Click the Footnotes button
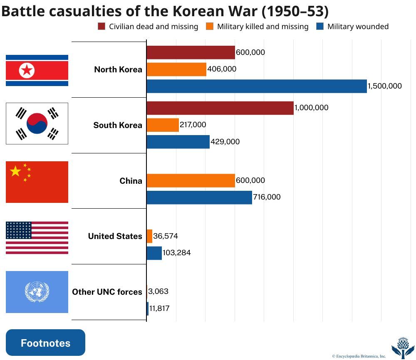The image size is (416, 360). pyautogui.click(x=45, y=343)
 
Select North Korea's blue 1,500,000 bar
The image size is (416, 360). pyautogui.click(x=256, y=86)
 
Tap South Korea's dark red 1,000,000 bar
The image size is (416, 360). pyautogui.click(x=220, y=108)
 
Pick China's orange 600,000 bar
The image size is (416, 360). pyautogui.click(x=191, y=180)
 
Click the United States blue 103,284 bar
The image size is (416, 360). pyautogui.click(x=154, y=253)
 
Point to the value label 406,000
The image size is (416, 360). pyautogui.click(x=222, y=69)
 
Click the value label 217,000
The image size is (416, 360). pyautogui.click(x=193, y=125)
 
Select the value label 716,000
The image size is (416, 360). pyautogui.click(x=267, y=197)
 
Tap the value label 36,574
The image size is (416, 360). pyautogui.click(x=166, y=236)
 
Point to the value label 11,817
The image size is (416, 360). pyautogui.click(x=160, y=308)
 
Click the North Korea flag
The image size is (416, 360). pyautogui.click(x=37, y=70)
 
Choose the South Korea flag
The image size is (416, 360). pyautogui.click(x=37, y=123)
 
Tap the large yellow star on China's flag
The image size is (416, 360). pyautogui.click(x=15, y=171)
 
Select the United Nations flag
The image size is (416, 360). pyautogui.click(x=37, y=292)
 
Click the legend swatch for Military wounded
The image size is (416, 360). pyautogui.click(x=320, y=27)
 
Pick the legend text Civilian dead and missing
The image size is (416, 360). pyautogui.click(x=154, y=27)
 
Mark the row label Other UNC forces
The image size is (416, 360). pyautogui.click(x=107, y=292)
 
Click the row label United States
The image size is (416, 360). pyautogui.click(x=115, y=236)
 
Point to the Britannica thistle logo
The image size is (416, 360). pyautogui.click(x=403, y=347)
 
